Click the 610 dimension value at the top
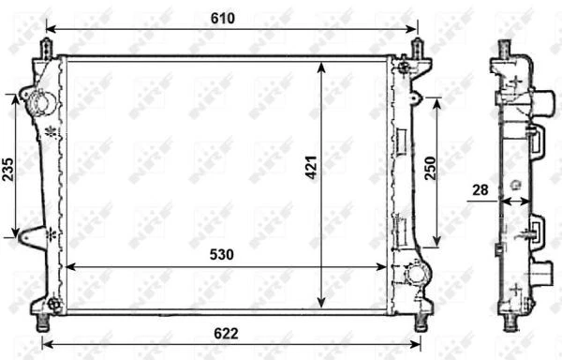pos(222,18)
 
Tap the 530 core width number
pos(222,254)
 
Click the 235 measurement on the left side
pos(8,167)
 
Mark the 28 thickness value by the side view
pos(481,190)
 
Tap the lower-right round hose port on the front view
pos(414,275)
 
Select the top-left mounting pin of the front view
pos(45,48)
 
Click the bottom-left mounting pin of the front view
pos(41,321)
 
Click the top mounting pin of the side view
pos(505,48)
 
